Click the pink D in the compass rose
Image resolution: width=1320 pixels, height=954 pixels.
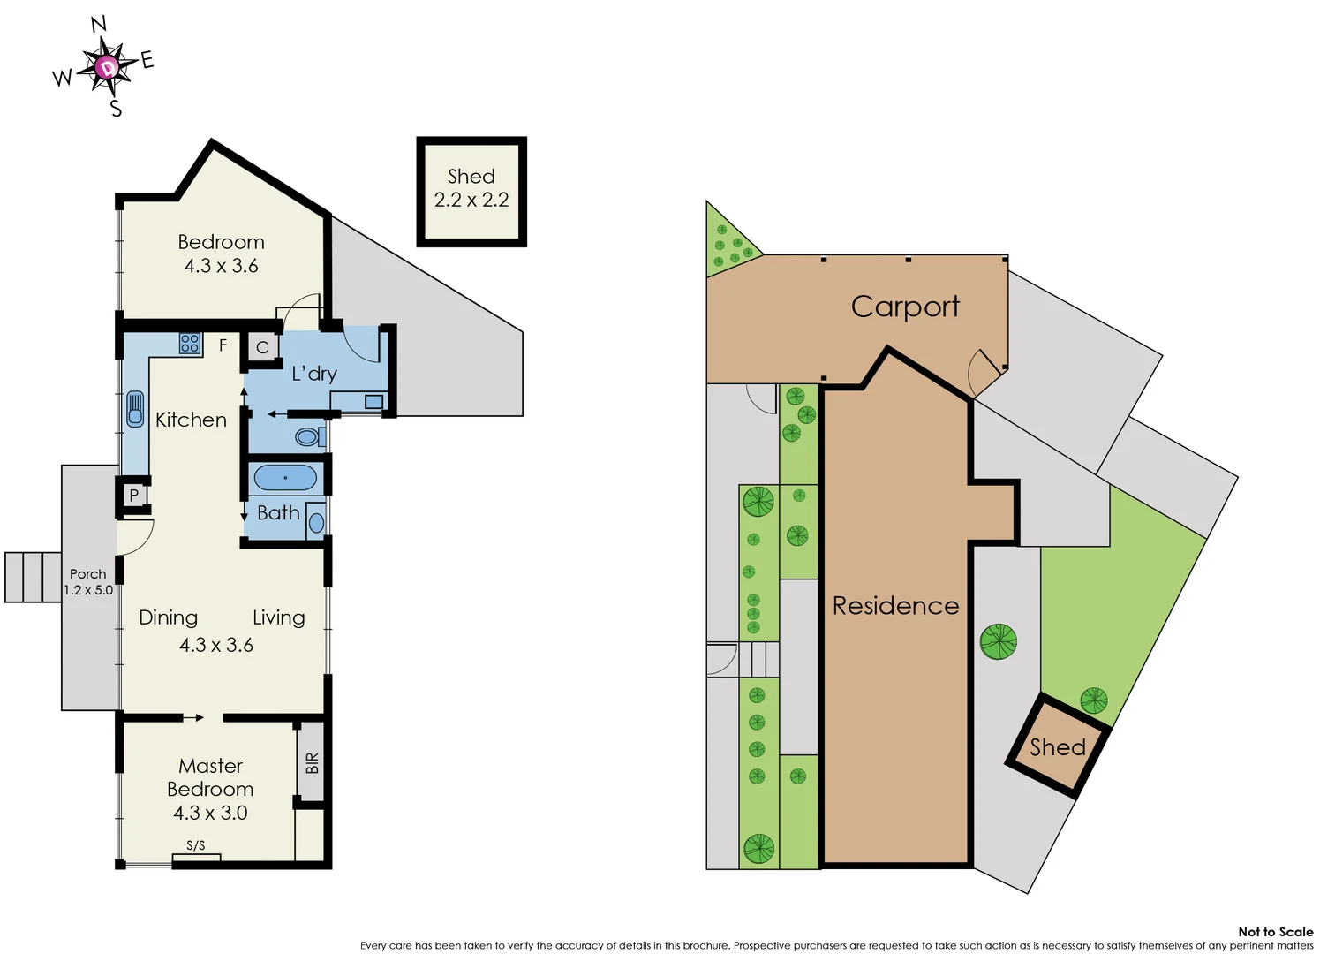[107, 67]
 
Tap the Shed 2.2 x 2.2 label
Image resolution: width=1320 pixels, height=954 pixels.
[471, 188]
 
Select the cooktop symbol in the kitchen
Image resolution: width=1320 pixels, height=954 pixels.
[190, 344]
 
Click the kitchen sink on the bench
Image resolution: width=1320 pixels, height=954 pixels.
[135, 409]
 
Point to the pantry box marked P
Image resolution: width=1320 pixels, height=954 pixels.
[134, 496]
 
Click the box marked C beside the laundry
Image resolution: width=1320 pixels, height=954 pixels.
[262, 347]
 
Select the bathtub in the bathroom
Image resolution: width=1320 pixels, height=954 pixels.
[285, 478]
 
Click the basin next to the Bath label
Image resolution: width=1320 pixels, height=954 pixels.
[316, 523]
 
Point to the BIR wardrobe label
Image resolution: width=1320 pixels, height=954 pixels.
[312, 763]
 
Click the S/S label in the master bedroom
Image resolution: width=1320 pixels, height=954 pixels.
[196, 845]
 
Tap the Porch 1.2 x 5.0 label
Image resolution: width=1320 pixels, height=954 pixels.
[88, 582]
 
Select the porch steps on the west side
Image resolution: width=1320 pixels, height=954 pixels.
[33, 577]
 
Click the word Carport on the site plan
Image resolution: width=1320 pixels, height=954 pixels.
[905, 307]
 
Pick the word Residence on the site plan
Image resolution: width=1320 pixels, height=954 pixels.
[895, 606]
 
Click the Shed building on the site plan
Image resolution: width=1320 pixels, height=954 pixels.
[1058, 747]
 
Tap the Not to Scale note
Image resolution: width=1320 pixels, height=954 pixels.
[1275, 931]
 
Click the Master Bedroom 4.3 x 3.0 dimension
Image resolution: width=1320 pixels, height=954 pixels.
[210, 813]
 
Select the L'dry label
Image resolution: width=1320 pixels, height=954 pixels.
[314, 374]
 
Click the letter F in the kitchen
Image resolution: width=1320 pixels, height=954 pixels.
[223, 345]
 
